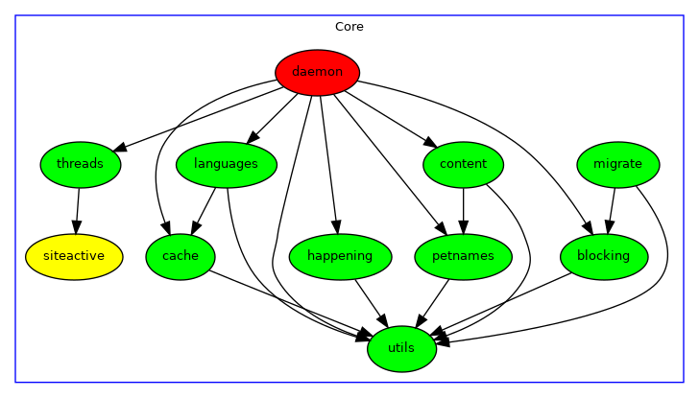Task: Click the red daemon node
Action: tap(317, 72)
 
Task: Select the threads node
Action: tap(80, 164)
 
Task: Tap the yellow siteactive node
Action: tap(74, 255)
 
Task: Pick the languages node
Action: tap(226, 164)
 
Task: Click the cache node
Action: tap(181, 256)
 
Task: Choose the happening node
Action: tap(339, 256)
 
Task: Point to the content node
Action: tap(463, 164)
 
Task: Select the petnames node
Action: tap(463, 256)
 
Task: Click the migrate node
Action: tap(617, 164)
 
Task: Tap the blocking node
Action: tap(603, 256)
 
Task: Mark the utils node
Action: tap(401, 348)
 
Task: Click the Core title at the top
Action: tap(349, 27)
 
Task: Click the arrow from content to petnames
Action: tap(463, 209)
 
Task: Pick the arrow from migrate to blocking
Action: tap(611, 209)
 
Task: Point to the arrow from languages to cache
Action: tap(204, 209)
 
